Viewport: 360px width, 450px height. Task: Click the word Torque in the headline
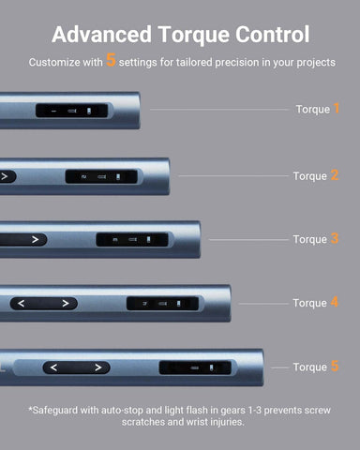tap(194, 35)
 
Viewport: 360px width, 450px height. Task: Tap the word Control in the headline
tap(272, 34)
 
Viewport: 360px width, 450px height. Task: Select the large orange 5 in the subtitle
tap(111, 60)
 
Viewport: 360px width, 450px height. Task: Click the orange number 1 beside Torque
tap(337, 109)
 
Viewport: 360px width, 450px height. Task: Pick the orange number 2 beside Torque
tap(335, 175)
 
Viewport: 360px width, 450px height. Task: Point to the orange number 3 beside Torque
tap(335, 239)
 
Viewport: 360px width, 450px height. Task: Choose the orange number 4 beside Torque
tap(335, 302)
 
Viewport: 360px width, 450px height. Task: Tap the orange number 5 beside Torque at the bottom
tap(335, 366)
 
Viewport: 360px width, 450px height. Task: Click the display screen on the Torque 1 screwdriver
tap(72, 111)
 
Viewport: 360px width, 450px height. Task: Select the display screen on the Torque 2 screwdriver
tap(101, 176)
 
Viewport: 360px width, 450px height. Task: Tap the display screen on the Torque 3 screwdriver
tap(132, 240)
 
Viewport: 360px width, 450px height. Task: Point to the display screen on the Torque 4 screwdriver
tap(162, 304)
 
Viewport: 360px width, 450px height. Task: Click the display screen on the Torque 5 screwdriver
tap(195, 367)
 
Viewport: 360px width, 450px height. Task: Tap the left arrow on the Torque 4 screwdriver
tap(21, 304)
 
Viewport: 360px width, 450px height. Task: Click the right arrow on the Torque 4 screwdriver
tap(66, 304)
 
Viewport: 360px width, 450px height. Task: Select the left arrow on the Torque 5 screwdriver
tap(53, 367)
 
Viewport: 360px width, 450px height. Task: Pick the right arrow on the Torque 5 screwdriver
tap(98, 367)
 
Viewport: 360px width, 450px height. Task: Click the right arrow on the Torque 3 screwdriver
tap(35, 240)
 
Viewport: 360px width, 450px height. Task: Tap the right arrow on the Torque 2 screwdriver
tap(5, 176)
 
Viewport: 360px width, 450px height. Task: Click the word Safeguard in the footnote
tap(54, 410)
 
